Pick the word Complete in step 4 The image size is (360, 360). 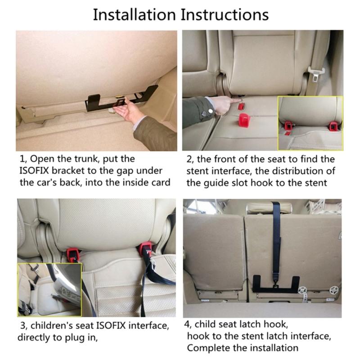(x=207, y=348)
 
